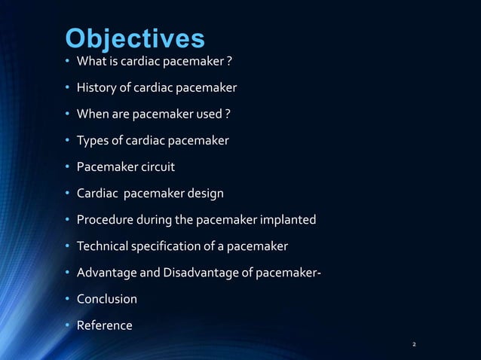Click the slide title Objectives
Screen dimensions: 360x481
tap(134, 38)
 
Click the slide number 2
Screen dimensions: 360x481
tap(414, 345)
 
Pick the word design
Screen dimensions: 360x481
tap(201, 194)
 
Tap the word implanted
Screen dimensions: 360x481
tap(286, 220)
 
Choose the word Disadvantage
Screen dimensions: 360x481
tap(197, 273)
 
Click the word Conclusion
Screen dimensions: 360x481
tap(107, 299)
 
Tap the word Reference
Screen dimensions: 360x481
tap(105, 325)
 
